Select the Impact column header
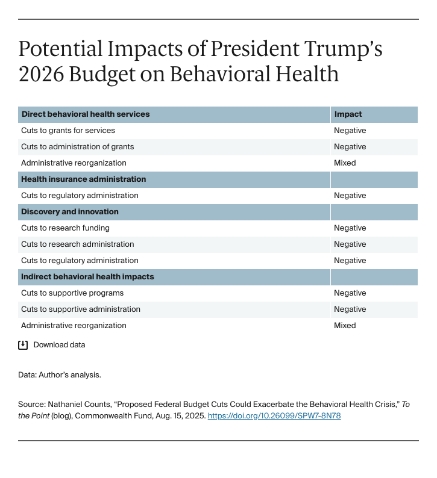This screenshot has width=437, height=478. click(348, 114)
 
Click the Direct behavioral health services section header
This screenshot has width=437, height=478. click(85, 114)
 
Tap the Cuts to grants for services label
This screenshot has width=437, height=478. click(68, 130)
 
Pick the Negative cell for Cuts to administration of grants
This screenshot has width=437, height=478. click(350, 146)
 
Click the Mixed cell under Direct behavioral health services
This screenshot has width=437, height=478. click(345, 163)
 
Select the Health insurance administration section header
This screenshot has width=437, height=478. click(83, 179)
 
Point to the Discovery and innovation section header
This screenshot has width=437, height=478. click(70, 211)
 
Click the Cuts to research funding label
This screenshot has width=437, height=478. click(65, 228)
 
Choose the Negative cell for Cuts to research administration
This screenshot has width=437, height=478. click(350, 244)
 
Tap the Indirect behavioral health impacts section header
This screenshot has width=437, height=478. click(87, 276)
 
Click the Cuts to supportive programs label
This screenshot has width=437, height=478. click(72, 293)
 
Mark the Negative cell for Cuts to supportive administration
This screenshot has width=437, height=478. click(350, 309)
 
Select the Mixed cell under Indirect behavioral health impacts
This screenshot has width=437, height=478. click(345, 325)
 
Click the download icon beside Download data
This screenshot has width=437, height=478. click(23, 345)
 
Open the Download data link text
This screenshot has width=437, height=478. click(59, 345)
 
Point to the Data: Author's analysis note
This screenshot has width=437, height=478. click(60, 374)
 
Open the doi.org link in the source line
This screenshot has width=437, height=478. click(274, 415)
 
